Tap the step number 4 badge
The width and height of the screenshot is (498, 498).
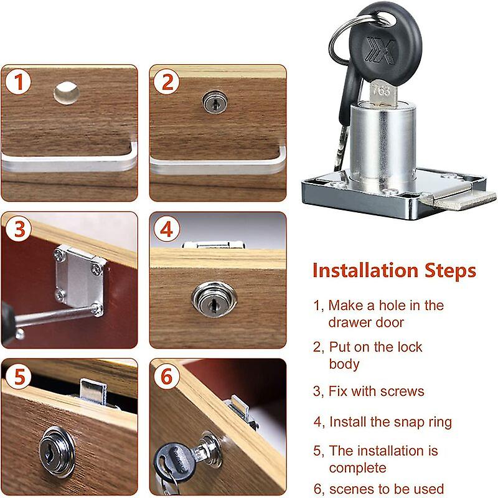point(167,230)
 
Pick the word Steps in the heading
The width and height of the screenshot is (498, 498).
point(450,271)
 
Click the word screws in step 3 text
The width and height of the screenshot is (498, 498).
point(403,392)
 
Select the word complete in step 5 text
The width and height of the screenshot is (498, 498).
point(358,467)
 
